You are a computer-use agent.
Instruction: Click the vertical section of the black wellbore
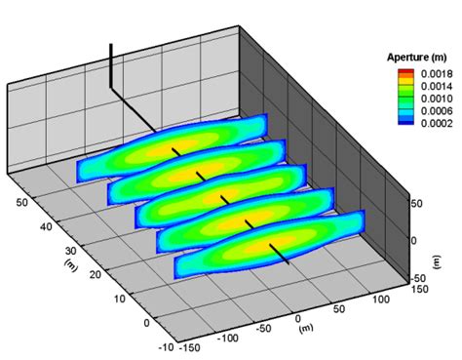point(112,63)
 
